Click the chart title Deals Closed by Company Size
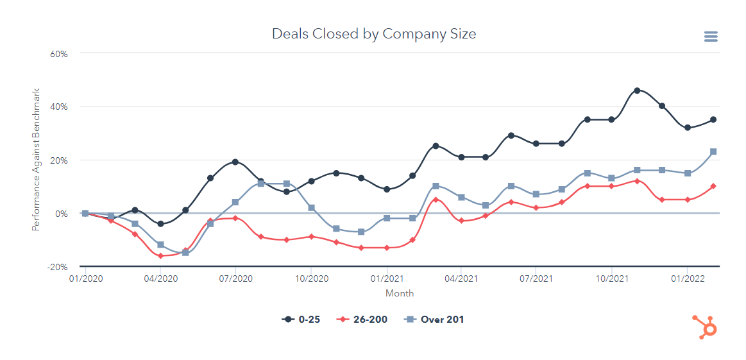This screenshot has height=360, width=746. click(374, 34)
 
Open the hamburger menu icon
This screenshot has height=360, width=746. click(711, 37)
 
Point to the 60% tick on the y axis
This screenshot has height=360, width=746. click(59, 53)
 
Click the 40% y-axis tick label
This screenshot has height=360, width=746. click(59, 107)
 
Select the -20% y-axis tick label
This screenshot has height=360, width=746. click(58, 267)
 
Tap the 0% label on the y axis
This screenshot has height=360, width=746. click(61, 214)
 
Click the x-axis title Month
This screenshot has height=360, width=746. click(400, 293)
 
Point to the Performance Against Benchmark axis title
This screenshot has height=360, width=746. click(37, 159)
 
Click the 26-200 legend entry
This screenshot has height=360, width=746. click(364, 319)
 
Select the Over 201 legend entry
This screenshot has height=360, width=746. click(434, 319)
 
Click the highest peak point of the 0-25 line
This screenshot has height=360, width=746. click(637, 90)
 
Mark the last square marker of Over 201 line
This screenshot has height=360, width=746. click(713, 152)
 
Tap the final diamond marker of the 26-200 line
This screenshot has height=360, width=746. click(713, 186)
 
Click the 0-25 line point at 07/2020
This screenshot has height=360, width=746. click(235, 162)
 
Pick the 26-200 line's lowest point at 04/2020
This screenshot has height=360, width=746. click(160, 256)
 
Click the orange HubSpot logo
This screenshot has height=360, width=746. click(705, 327)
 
